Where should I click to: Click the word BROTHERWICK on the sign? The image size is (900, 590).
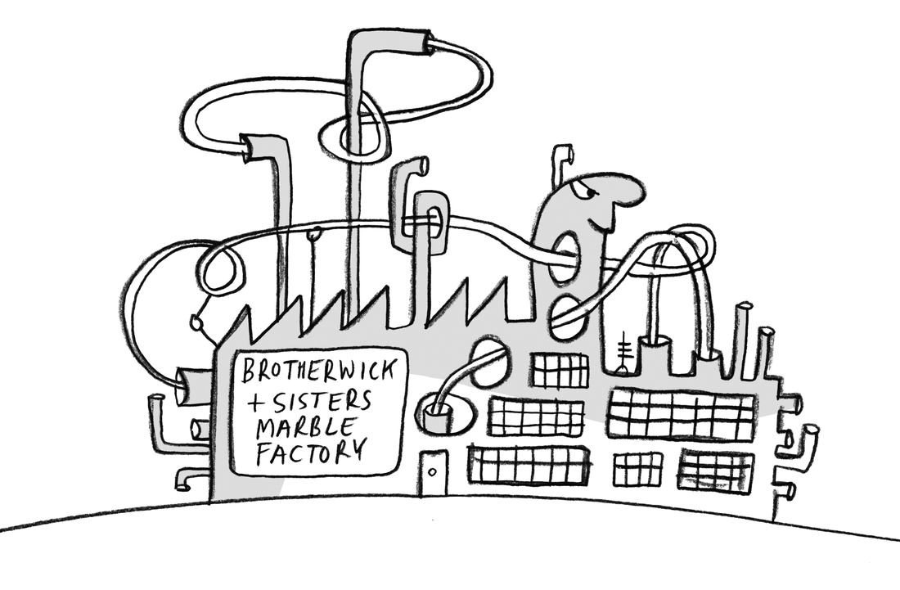coord(317,370)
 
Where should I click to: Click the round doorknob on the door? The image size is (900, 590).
coord(432,472)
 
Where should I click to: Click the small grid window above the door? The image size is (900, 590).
coord(560,370)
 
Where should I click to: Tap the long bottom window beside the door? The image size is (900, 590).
coord(528,465)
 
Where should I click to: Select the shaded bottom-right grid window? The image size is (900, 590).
coord(715,470)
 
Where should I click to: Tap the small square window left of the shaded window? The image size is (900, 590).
coord(637,470)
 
